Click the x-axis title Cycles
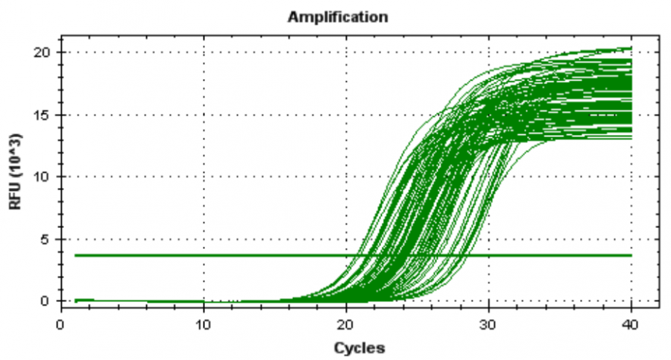(x=359, y=347)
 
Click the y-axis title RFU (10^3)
(x=16, y=172)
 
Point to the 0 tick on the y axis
(x=46, y=301)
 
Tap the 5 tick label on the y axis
(x=46, y=239)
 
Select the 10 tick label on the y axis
(x=43, y=177)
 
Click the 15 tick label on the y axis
(x=43, y=115)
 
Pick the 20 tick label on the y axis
(x=43, y=52)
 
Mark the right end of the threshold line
(x=631, y=256)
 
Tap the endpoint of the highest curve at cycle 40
(x=631, y=48)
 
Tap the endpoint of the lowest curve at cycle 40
(x=631, y=139)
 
